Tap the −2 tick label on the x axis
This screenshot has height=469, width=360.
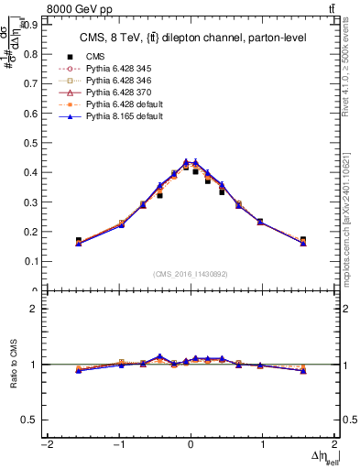(46, 445)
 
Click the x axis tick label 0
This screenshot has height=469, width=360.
(191, 445)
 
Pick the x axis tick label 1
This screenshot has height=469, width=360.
(263, 445)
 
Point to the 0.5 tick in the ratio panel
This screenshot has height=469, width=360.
(28, 420)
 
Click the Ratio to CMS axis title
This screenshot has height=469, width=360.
(12, 364)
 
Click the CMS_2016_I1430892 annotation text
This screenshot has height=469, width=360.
(191, 274)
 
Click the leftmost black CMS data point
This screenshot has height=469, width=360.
(79, 241)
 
